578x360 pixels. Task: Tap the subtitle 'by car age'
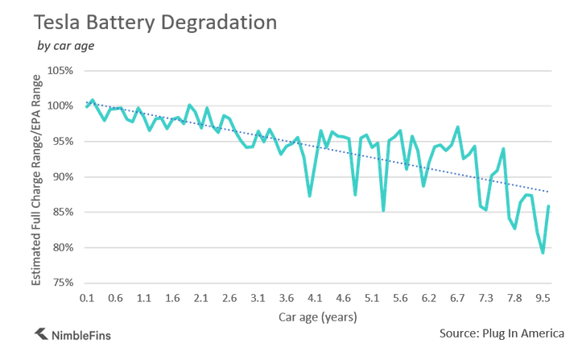point(66,45)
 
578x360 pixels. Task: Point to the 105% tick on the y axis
point(61,70)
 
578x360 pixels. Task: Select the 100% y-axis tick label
point(61,106)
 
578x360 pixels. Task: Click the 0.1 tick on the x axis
point(87,298)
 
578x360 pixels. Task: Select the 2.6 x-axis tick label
point(229,298)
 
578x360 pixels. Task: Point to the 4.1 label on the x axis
point(315,298)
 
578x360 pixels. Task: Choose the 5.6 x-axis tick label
point(400,298)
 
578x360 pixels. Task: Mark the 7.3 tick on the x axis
point(485,298)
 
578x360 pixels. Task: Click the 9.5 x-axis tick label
point(543,298)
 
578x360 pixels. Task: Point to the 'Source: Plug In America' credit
point(502,333)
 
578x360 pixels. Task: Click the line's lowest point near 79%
point(543,253)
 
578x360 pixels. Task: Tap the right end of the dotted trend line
point(549,192)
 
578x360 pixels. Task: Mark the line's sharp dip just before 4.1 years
point(309,196)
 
